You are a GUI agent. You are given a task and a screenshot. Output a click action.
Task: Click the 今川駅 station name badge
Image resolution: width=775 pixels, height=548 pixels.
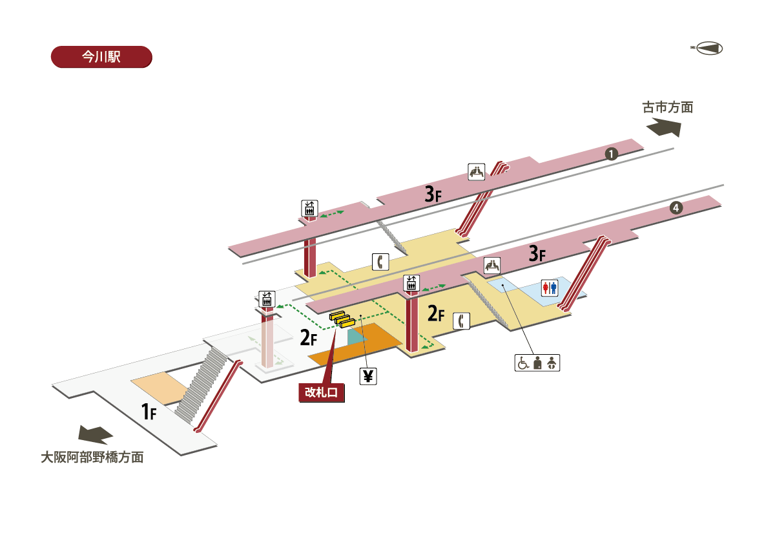pos(101,56)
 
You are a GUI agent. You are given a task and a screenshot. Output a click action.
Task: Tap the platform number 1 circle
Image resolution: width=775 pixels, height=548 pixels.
pos(610,154)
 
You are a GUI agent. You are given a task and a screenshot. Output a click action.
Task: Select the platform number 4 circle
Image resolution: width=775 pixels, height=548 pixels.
pos(675,208)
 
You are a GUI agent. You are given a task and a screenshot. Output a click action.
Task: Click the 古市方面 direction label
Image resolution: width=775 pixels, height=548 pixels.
pos(667,107)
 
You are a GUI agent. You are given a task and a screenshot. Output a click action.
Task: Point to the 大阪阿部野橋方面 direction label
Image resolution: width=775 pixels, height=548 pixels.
pos(92,458)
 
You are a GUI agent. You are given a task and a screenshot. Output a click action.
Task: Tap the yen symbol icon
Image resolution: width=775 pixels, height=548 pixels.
pos(367,375)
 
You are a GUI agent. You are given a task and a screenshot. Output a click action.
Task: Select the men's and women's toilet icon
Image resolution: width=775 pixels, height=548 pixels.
pos(549,288)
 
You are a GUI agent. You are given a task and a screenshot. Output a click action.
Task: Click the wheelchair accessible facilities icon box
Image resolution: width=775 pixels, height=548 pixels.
pos(537,363)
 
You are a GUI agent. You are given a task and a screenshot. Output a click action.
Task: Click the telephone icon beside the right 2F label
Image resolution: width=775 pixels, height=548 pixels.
pos(461,321)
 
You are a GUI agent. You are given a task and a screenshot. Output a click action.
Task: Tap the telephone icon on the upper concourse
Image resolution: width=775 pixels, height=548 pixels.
pos(381,261)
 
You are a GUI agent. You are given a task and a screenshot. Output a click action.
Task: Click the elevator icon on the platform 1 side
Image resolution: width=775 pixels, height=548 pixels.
pos(310,208)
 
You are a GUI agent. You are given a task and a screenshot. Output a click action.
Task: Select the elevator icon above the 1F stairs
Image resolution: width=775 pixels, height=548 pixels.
pos(267,299)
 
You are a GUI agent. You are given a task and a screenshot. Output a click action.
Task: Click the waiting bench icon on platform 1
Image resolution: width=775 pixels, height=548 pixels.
pos(477,172)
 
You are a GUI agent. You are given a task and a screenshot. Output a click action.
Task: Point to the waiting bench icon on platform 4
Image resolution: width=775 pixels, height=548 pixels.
pos(492,265)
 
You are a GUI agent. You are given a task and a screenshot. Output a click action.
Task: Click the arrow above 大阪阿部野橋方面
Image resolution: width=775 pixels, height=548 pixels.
pos(96,434)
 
